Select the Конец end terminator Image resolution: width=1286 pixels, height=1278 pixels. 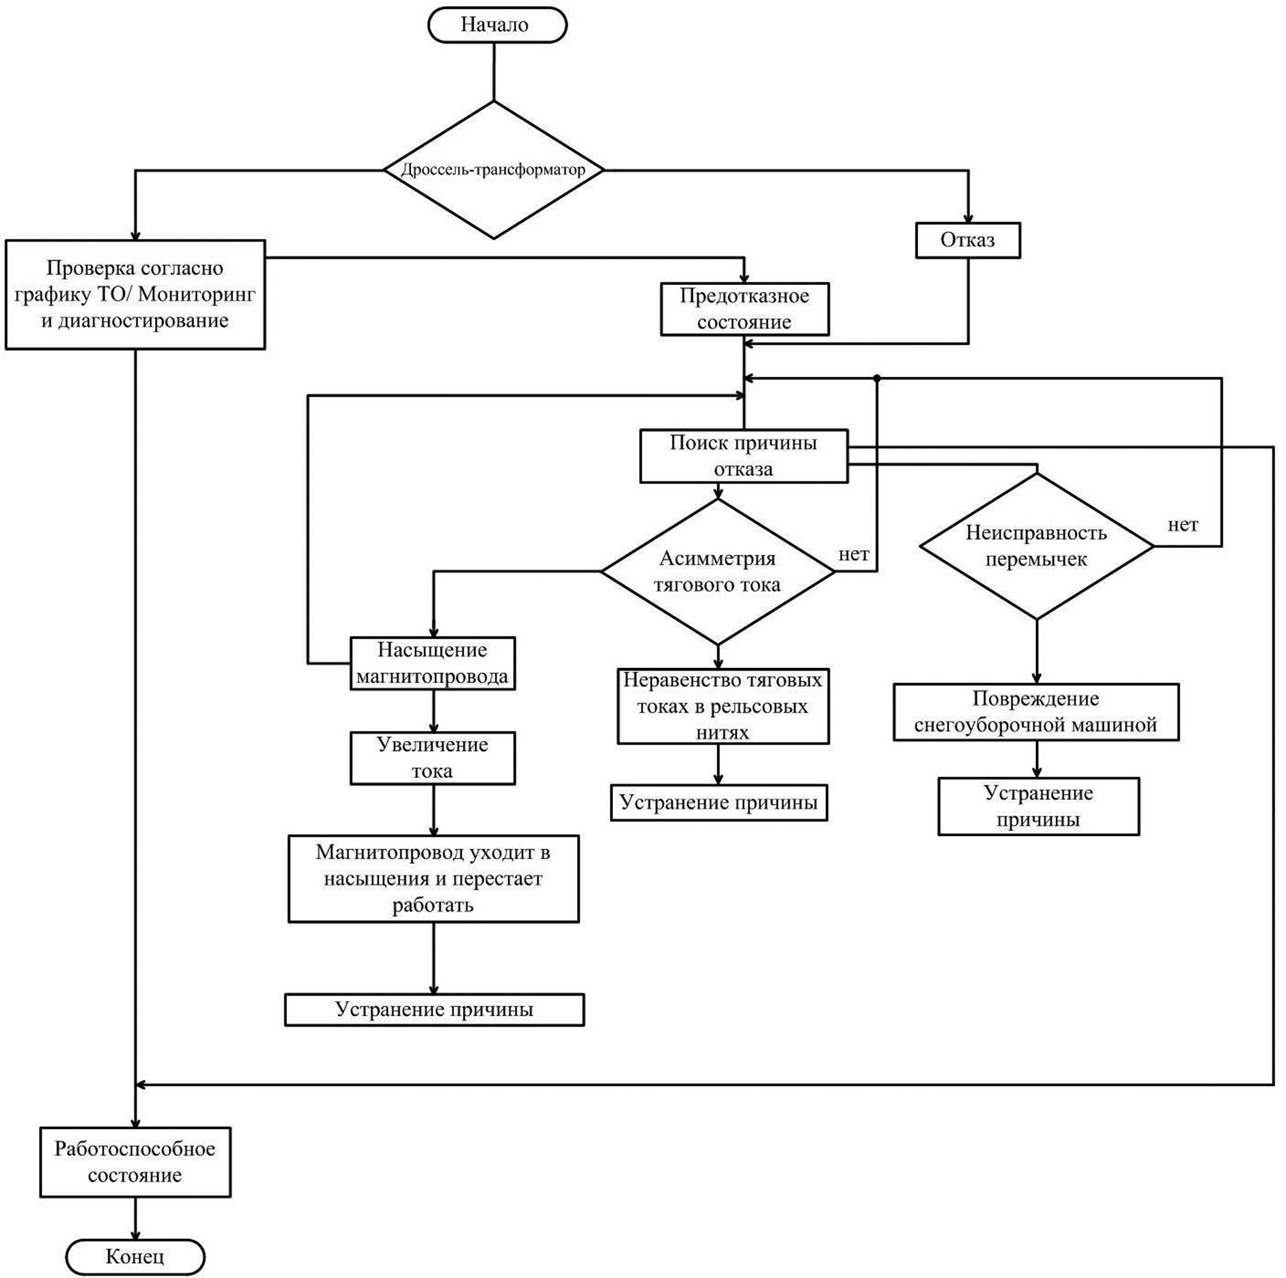tap(135, 1256)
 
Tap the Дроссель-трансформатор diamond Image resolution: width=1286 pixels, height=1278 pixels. tap(494, 170)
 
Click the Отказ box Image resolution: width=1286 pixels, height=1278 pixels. tap(967, 239)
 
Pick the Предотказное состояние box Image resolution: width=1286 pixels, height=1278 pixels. tap(744, 309)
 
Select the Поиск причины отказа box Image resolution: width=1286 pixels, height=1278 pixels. tap(744, 456)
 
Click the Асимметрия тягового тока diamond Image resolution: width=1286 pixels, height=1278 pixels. tap(717, 571)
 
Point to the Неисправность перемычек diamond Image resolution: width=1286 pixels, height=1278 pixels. tap(1036, 546)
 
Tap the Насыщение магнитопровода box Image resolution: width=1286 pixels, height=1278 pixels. tap(433, 663)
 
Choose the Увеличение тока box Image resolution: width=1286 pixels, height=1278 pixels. tap(433, 757)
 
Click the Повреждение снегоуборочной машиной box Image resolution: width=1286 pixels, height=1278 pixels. tap(1036, 711)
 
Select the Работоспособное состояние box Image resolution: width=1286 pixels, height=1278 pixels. tap(135, 1161)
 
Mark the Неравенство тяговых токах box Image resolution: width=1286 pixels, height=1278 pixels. tap(723, 706)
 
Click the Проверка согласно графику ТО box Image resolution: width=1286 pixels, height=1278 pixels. tap(135, 294)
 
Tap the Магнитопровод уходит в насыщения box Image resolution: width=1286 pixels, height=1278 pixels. tap(434, 878)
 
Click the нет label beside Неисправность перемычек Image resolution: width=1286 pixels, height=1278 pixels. tap(1183, 525)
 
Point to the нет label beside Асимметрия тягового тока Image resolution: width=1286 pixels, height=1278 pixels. tap(853, 554)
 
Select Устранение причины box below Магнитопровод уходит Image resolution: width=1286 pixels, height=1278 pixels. tap(434, 1009)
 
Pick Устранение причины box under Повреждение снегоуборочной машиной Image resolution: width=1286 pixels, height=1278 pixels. tap(1038, 805)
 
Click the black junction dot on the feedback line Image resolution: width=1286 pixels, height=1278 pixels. tap(877, 378)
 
